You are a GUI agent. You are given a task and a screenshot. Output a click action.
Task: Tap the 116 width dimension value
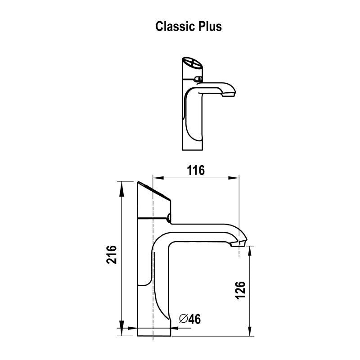point(196,170)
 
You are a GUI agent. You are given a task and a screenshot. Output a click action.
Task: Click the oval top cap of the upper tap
point(191,63)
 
